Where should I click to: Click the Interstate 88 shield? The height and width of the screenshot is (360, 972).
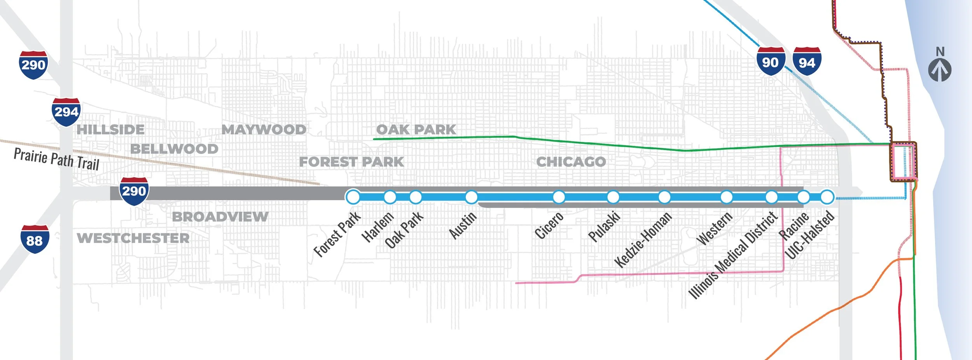click(x=35, y=239)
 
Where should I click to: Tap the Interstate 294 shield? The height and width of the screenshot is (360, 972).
click(x=66, y=112)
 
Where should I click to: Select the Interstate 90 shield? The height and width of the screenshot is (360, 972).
click(x=770, y=61)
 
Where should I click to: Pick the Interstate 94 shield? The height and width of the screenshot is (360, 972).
click(x=807, y=61)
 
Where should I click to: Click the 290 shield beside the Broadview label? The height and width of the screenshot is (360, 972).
click(x=134, y=191)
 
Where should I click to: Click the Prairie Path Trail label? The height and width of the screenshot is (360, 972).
click(x=56, y=159)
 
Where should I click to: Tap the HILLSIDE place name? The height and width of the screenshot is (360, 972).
click(x=110, y=129)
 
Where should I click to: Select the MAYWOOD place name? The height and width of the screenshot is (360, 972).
click(x=264, y=129)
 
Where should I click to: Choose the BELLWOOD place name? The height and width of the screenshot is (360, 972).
click(x=174, y=149)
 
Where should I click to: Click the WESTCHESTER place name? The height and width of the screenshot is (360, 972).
click(x=133, y=238)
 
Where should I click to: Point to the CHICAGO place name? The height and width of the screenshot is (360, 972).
click(x=571, y=162)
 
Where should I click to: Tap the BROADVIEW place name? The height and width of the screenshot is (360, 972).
click(x=220, y=217)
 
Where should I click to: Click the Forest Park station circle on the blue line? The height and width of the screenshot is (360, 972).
click(x=353, y=197)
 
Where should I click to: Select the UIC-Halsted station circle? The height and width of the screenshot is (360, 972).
click(x=827, y=197)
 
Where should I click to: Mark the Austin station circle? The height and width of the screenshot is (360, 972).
click(x=471, y=197)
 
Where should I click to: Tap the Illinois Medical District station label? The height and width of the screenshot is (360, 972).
click(x=732, y=255)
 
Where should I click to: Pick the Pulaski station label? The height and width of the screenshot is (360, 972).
click(x=603, y=226)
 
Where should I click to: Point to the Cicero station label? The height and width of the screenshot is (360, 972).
click(x=549, y=225)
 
